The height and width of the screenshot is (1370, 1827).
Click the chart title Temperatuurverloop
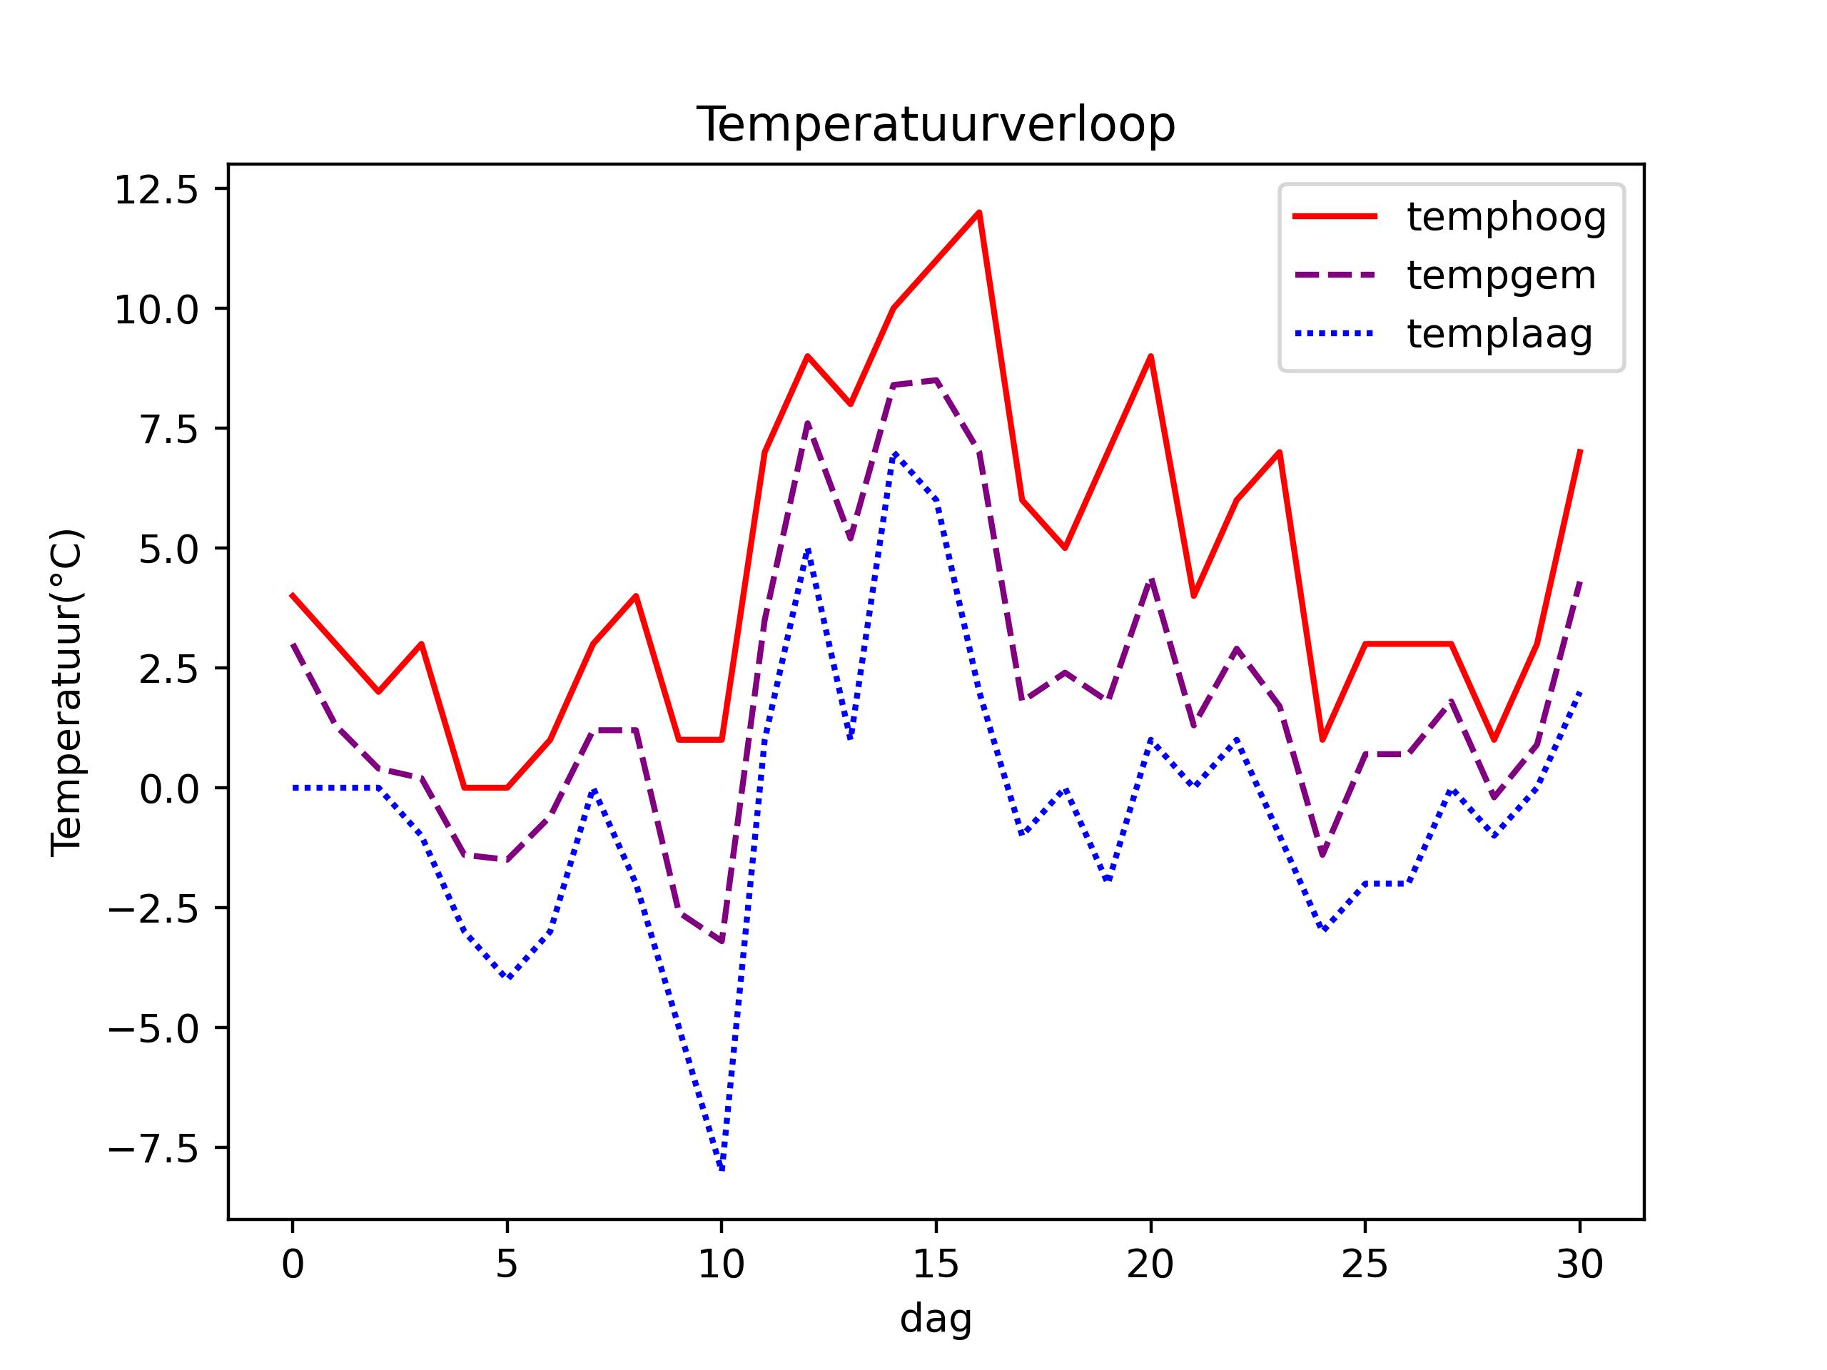pos(935,126)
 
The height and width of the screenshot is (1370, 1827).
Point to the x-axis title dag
pos(935,1318)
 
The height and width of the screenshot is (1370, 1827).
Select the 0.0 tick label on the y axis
pos(169,789)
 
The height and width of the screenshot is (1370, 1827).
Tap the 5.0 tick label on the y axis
pos(169,550)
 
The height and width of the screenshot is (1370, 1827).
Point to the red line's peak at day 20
pos(1150,356)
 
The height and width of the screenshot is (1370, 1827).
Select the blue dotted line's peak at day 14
pos(894,452)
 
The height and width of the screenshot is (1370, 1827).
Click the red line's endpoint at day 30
pos(1579,452)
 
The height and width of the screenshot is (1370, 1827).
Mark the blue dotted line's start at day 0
pos(293,788)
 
